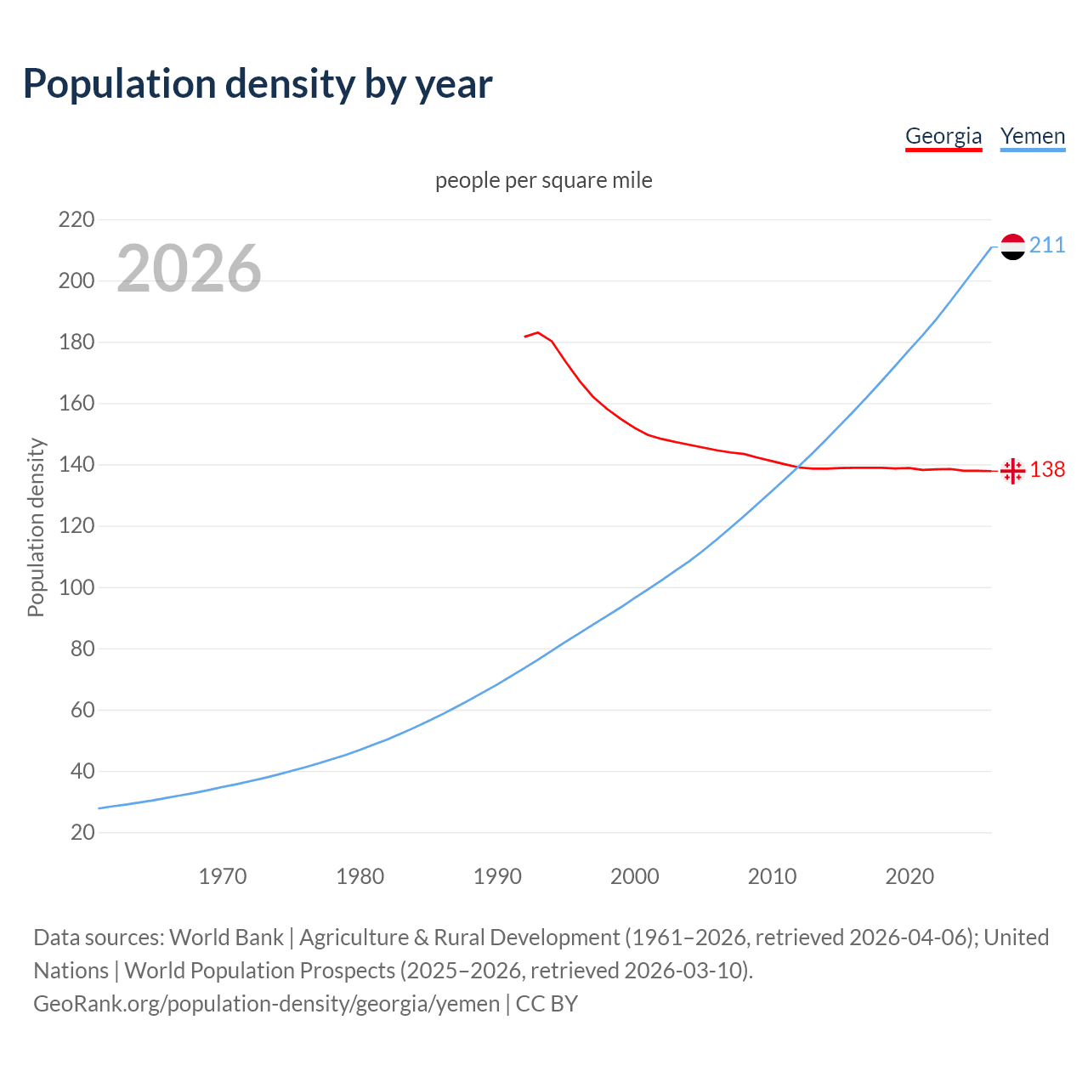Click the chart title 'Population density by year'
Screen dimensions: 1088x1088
(x=258, y=83)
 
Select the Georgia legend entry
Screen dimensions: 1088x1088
(x=943, y=136)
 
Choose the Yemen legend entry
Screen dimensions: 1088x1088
(x=1033, y=136)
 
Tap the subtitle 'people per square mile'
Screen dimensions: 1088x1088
(x=544, y=180)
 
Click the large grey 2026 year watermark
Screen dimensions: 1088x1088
(x=189, y=269)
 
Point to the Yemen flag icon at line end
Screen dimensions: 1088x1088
(x=1012, y=246)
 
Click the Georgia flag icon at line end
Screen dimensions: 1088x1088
(x=1012, y=470)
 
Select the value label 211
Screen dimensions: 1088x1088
(x=1047, y=246)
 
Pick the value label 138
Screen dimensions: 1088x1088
(x=1047, y=469)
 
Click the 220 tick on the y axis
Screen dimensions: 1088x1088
(x=76, y=220)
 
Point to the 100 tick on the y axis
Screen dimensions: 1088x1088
(x=76, y=587)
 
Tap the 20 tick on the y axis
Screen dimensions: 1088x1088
(x=82, y=832)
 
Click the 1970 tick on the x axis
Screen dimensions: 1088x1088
(x=223, y=876)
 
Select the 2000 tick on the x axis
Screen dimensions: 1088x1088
(x=635, y=876)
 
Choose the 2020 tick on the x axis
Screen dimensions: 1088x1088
(x=909, y=876)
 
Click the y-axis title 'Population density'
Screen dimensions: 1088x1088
(x=36, y=527)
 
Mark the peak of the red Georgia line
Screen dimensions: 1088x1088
(x=538, y=332)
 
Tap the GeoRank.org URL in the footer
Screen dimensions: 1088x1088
(x=267, y=1004)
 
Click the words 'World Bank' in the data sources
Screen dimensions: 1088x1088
(x=226, y=938)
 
